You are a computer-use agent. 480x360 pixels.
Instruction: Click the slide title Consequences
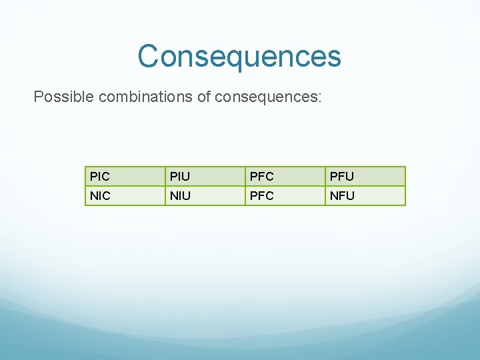tap(239, 56)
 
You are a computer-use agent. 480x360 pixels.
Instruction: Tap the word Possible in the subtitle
tap(63, 97)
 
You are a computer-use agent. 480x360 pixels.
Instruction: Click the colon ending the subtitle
tap(320, 98)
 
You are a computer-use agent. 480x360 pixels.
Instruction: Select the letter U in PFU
tap(349, 177)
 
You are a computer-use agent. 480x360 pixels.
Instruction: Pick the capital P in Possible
tap(39, 97)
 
